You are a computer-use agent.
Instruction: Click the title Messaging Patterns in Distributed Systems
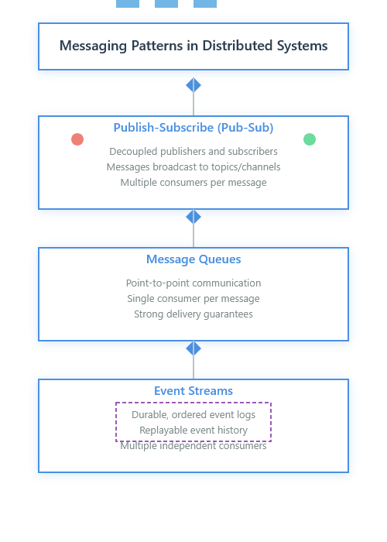tap(193, 46)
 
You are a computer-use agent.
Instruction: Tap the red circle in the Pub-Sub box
tap(77, 139)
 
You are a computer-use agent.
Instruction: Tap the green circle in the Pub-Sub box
tap(310, 139)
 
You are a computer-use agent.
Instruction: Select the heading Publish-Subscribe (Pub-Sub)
tap(193, 128)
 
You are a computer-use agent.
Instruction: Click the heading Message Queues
tap(193, 259)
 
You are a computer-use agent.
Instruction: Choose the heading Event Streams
tap(193, 391)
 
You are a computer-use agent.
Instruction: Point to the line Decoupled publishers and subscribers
tap(193, 152)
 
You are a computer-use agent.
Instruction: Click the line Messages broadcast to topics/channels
tap(193, 167)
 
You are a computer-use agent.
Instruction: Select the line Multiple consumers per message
tap(193, 183)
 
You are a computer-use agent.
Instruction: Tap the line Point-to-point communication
tap(193, 283)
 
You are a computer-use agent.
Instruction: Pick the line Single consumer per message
tap(193, 299)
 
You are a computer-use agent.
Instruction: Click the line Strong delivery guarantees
tap(193, 314)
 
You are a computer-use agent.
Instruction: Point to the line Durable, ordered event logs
tap(193, 415)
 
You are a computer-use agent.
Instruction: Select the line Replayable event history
tap(193, 431)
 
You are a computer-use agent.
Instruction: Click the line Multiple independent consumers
tap(193, 447)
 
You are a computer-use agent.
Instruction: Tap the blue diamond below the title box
tap(193, 85)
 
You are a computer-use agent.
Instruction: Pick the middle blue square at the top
tap(166, 3)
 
